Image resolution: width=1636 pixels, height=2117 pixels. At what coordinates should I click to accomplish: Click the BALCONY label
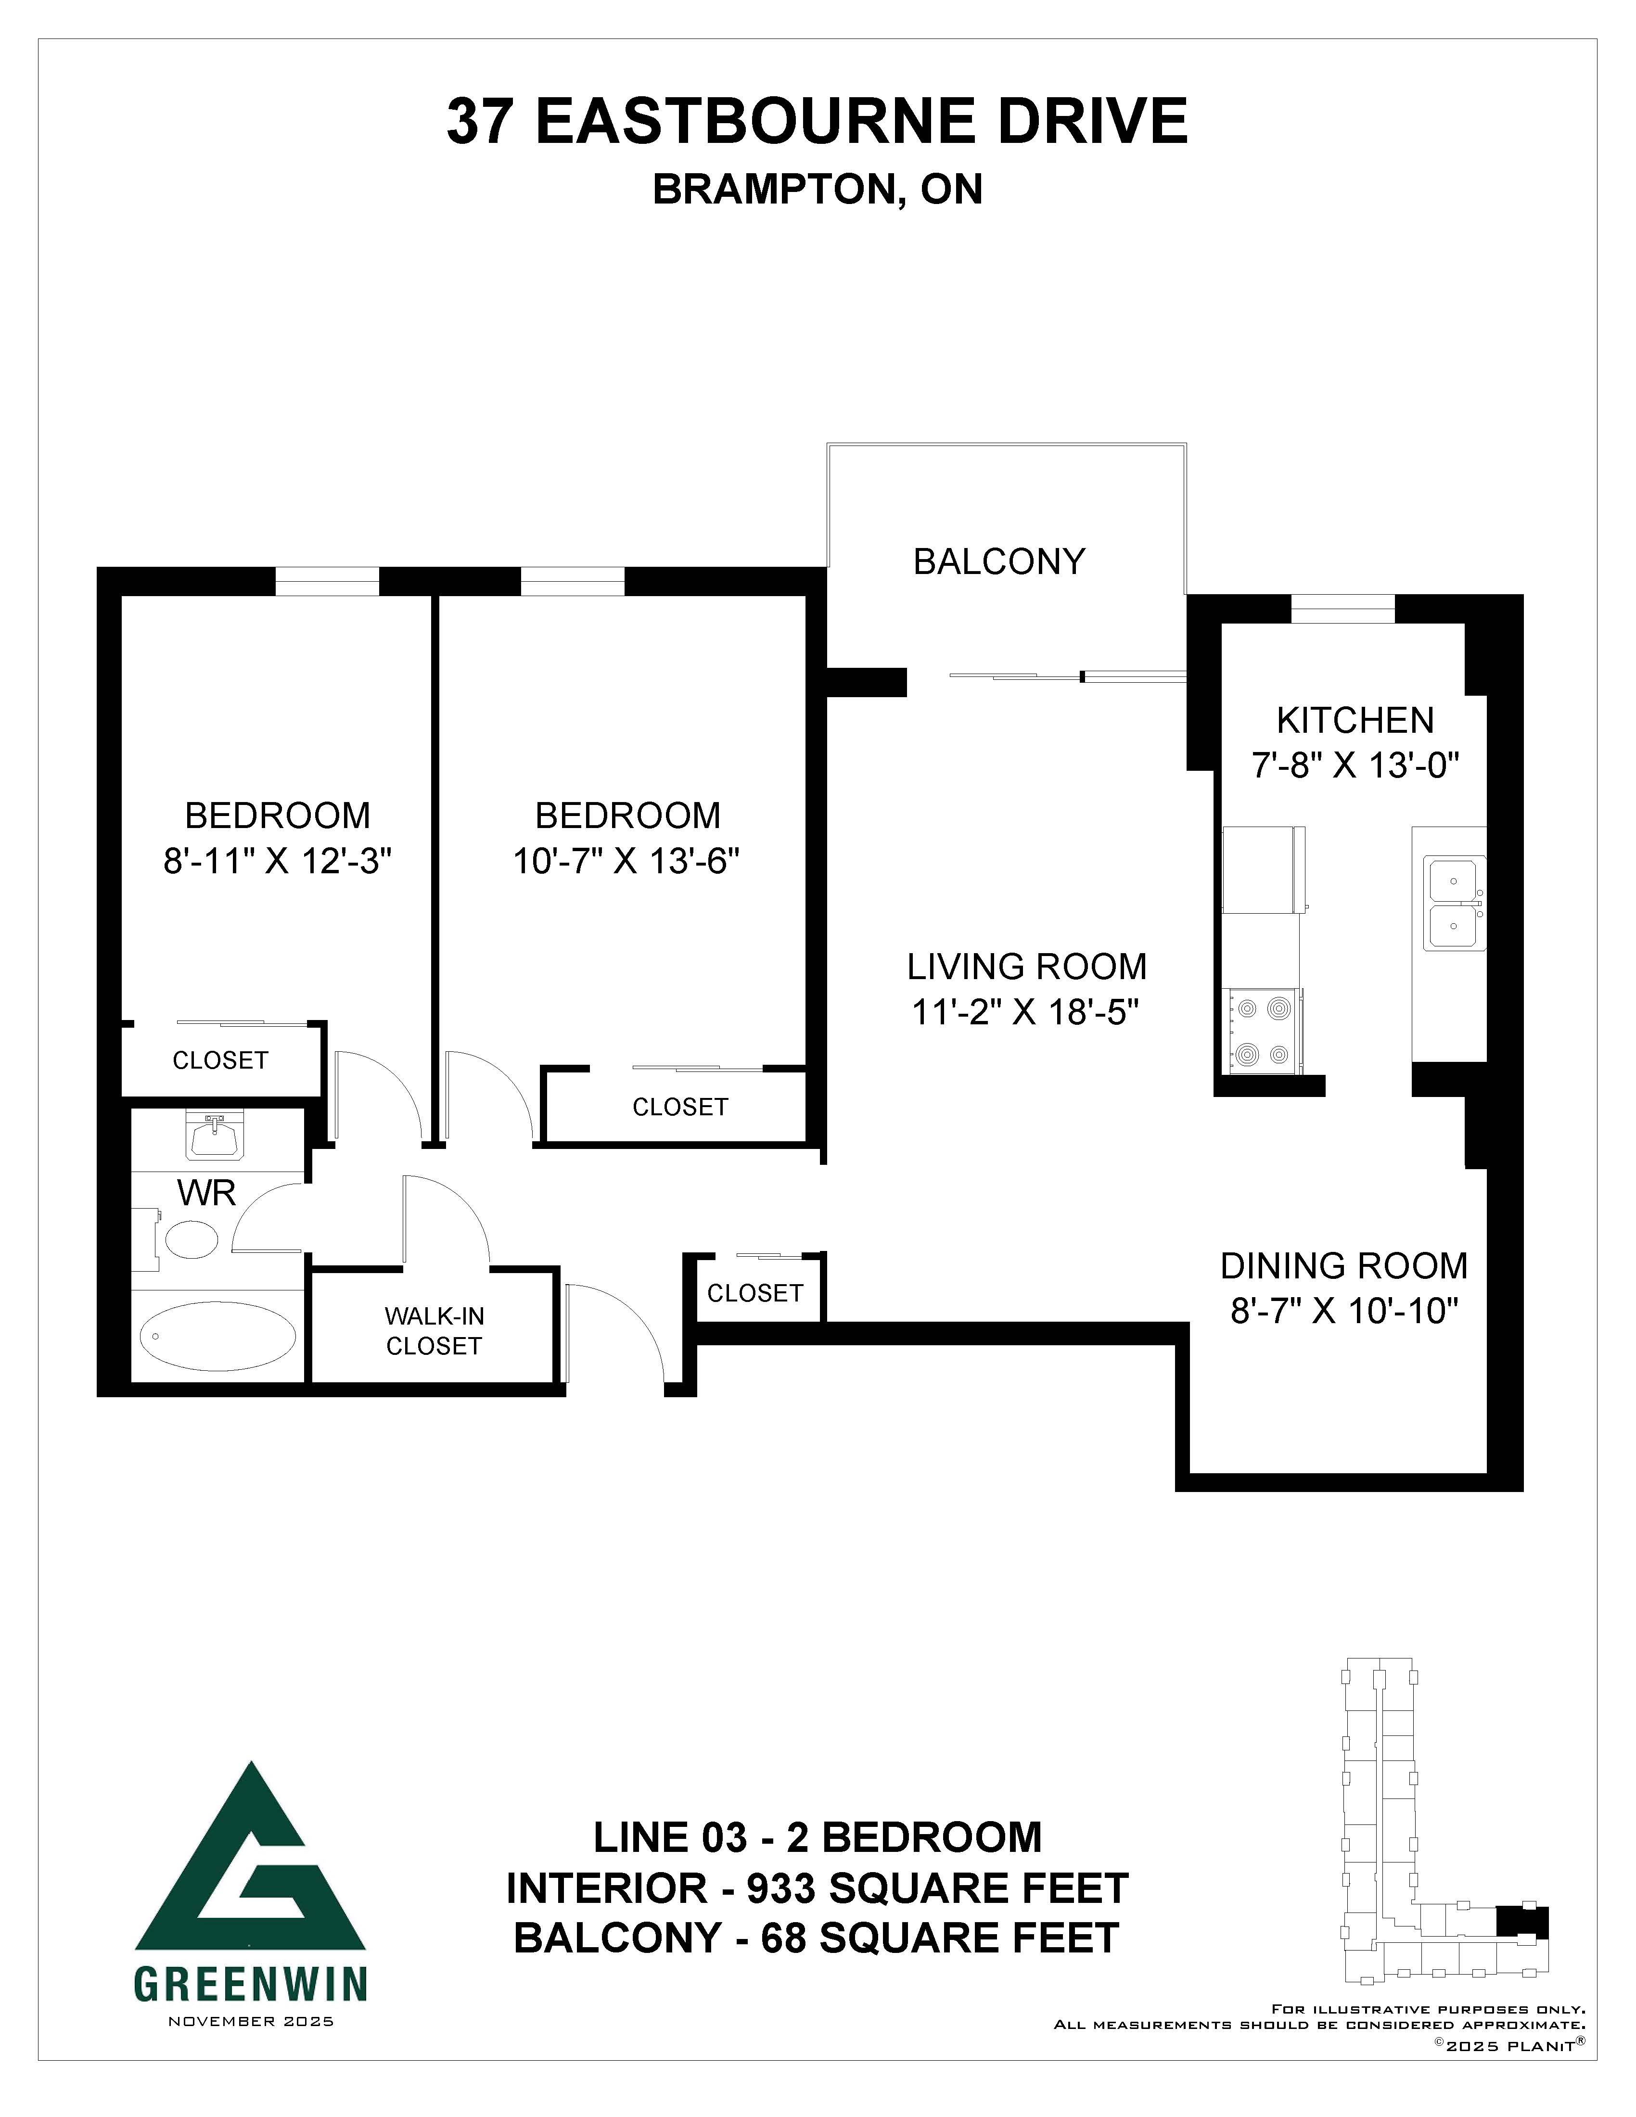point(999,561)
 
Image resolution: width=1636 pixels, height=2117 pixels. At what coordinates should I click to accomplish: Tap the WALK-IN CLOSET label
point(434,1331)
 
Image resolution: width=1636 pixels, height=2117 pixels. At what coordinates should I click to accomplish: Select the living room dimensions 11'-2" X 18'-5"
point(1025,1013)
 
